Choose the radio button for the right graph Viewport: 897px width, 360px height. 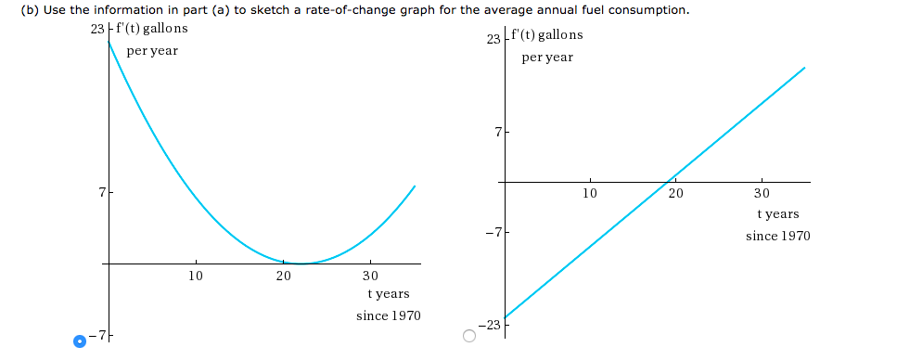(469, 336)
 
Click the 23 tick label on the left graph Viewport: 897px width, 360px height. (99, 28)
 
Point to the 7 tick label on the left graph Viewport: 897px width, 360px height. (100, 194)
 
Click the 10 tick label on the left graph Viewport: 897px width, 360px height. (195, 276)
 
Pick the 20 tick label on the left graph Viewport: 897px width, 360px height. (283, 276)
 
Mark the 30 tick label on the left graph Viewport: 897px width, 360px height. (370, 276)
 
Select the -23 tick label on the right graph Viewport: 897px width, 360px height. (489, 325)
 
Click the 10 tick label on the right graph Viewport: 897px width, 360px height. (590, 194)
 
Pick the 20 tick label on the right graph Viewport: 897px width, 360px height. (675, 194)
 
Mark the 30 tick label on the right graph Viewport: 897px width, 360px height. (762, 194)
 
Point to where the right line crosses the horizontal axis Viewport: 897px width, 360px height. (669, 183)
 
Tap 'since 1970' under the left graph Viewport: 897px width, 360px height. (388, 315)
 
